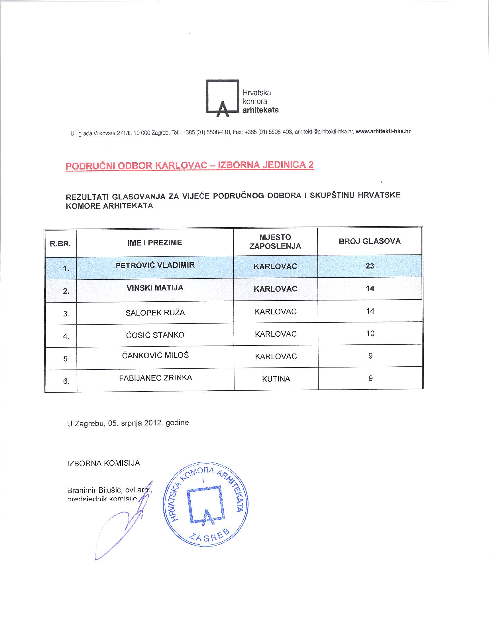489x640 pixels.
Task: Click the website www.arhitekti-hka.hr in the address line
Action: point(383,131)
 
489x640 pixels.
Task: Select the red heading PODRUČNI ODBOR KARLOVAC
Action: point(190,165)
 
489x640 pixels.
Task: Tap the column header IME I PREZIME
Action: point(154,243)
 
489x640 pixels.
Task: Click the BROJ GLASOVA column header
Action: point(370,241)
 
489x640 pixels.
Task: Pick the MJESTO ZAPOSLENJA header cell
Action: point(275,242)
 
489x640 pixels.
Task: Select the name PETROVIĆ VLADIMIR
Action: point(155,265)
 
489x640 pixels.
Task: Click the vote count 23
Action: point(370,266)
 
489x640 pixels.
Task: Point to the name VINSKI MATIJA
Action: point(155,288)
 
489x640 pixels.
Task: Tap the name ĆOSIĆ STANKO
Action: point(155,335)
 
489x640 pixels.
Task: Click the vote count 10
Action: point(370,333)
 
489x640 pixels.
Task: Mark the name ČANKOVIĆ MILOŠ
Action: point(155,356)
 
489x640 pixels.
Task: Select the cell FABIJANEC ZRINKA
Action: point(155,378)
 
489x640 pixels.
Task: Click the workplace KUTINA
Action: point(276,379)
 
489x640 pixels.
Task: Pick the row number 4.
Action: point(66,336)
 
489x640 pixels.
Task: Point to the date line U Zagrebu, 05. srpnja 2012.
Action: point(128,423)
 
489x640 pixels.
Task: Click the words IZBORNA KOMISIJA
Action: point(104,463)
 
